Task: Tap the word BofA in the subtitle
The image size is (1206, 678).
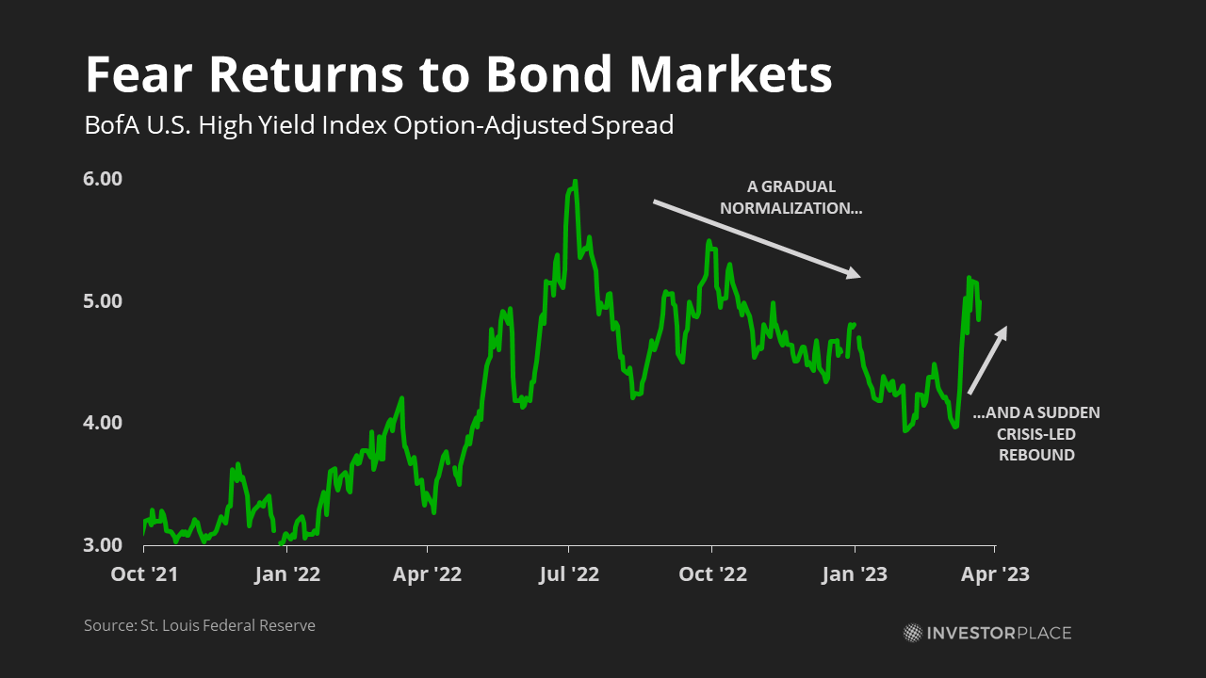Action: click(111, 125)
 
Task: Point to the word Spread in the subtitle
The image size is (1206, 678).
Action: click(632, 126)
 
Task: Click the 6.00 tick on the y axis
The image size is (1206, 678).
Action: click(103, 179)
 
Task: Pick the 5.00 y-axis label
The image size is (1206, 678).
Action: click(103, 300)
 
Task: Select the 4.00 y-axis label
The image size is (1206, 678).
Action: click(103, 423)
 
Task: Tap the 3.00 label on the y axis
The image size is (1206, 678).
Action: click(103, 544)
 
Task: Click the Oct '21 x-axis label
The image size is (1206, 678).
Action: click(144, 574)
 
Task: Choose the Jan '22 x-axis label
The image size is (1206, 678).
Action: click(287, 574)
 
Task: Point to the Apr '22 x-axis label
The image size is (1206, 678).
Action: click(427, 574)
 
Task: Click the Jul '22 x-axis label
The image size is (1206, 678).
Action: click(569, 574)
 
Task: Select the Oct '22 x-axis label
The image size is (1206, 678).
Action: click(712, 574)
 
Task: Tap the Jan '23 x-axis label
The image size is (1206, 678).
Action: click(855, 574)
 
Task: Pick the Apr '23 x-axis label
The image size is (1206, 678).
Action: click(995, 574)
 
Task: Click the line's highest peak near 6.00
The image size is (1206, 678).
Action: click(576, 182)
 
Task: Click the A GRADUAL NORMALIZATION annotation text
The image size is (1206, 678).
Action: click(790, 198)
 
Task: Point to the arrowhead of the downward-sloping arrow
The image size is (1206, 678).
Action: click(855, 273)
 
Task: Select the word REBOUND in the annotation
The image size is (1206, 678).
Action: click(1036, 455)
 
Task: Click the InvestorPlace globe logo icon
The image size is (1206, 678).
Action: click(913, 633)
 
